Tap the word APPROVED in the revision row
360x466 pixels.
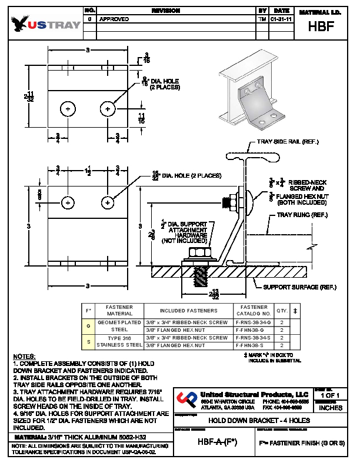pos(114,19)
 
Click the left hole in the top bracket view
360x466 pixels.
pos(69,109)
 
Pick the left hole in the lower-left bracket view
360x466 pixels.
pos(69,202)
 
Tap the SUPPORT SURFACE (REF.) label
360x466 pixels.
pos(299,287)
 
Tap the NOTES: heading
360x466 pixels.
pos(24,357)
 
